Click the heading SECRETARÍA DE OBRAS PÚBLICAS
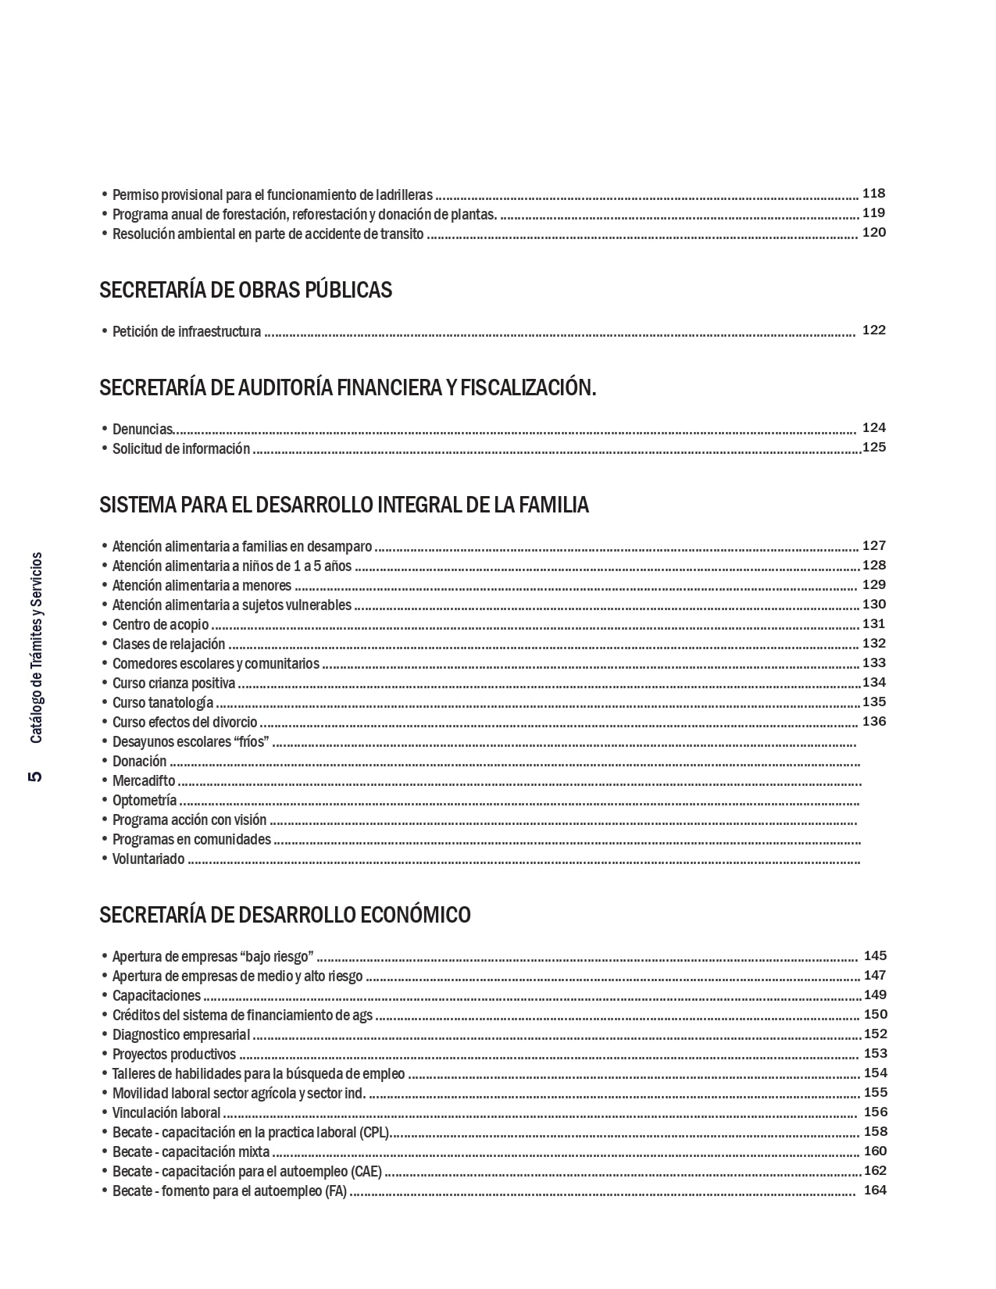[x=245, y=290]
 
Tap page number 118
[x=873, y=193]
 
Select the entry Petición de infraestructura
[x=187, y=331]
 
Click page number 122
[x=873, y=330]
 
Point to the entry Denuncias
[x=142, y=429]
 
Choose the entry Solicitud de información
[x=181, y=448]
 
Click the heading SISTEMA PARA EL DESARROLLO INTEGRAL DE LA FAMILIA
[x=344, y=505]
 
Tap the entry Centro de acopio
[x=160, y=624]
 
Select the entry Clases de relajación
[x=169, y=644]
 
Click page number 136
[x=873, y=721]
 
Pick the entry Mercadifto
[x=144, y=780]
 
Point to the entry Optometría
[x=145, y=800]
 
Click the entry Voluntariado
[x=148, y=859]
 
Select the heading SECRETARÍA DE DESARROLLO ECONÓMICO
[x=284, y=914]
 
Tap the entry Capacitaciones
[x=156, y=995]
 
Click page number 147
[x=874, y=975]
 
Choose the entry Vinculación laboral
[x=166, y=1112]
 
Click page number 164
[x=875, y=1190]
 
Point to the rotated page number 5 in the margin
[x=34, y=777]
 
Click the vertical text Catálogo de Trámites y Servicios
[x=36, y=648]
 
